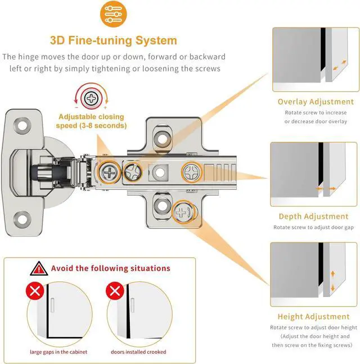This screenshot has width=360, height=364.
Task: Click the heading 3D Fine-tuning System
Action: tap(113, 41)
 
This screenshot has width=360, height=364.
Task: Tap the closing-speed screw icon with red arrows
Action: tap(91, 100)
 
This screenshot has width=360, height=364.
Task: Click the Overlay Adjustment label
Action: tap(316, 102)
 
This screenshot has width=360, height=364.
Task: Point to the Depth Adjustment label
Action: tap(314, 216)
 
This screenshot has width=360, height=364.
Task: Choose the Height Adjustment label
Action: tap(314, 317)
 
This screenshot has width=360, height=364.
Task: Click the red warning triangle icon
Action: tap(39, 268)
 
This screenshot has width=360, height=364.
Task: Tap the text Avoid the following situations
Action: tap(110, 268)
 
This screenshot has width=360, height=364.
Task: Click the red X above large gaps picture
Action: tap(35, 291)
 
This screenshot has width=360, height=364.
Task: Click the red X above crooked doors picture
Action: tap(116, 291)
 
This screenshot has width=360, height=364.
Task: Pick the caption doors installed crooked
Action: tap(138, 352)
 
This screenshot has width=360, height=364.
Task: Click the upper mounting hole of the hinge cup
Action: tap(24, 124)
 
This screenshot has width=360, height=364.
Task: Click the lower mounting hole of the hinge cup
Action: tap(24, 215)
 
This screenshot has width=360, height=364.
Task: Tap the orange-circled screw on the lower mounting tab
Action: tap(182, 212)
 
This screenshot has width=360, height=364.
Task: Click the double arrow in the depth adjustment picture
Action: tap(323, 190)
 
